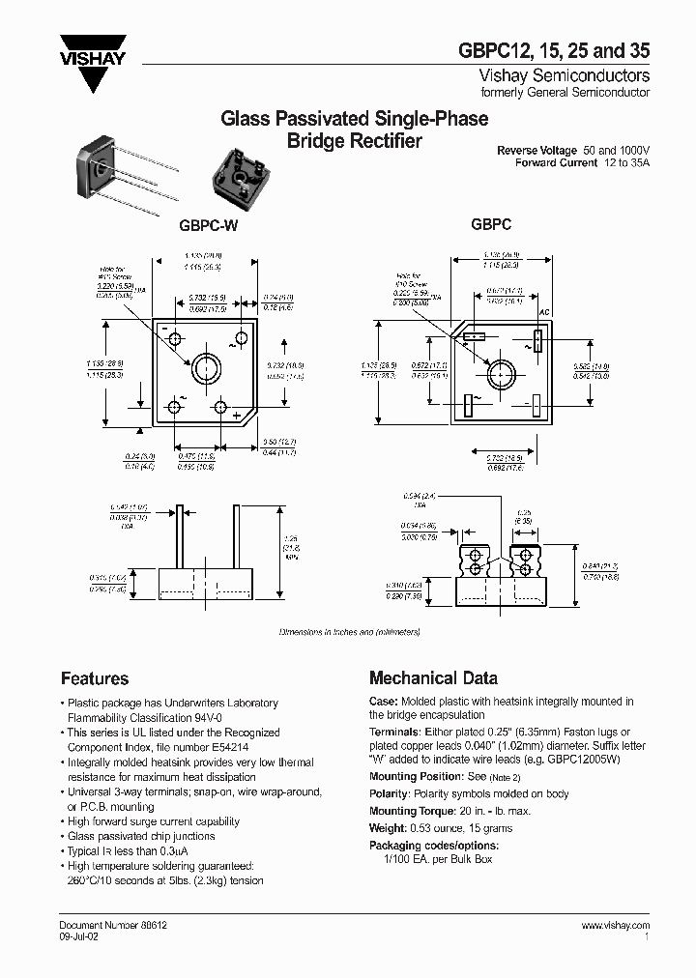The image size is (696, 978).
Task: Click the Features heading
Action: (x=95, y=678)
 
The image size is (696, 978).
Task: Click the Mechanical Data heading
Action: (x=434, y=678)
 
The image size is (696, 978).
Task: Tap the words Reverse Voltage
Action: (x=537, y=151)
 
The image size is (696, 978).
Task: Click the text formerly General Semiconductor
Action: (x=565, y=93)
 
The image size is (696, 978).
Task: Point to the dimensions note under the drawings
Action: (x=349, y=631)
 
